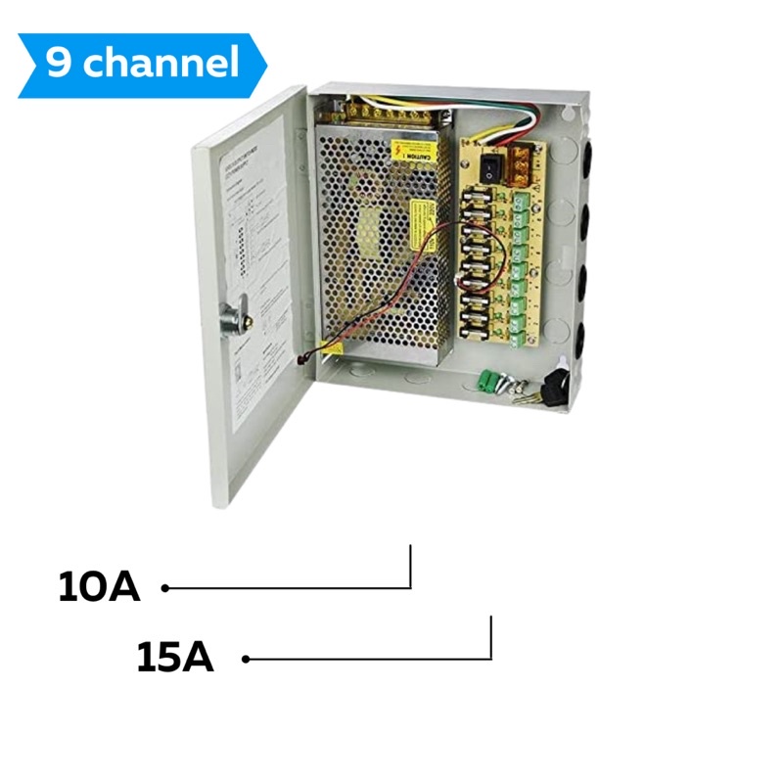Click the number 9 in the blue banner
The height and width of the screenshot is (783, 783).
pyautogui.click(x=60, y=65)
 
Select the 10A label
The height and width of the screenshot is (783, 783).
pyautogui.click(x=99, y=587)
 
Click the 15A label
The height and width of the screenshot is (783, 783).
pyautogui.click(x=175, y=658)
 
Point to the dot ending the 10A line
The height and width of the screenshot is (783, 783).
pyautogui.click(x=165, y=588)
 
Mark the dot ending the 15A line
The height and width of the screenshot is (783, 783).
pyautogui.click(x=246, y=659)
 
